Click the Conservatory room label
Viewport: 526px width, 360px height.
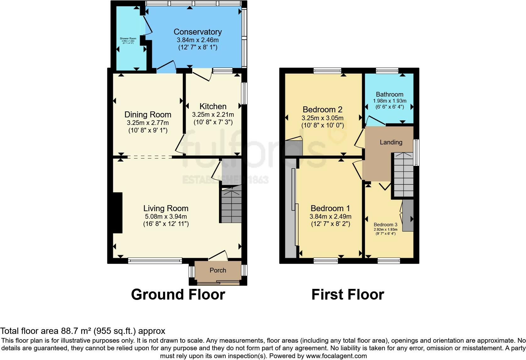[x=198, y=32]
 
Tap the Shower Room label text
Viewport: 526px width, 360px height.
[x=128, y=38]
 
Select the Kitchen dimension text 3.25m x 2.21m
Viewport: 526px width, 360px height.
[x=213, y=115]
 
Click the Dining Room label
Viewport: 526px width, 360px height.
[x=148, y=115]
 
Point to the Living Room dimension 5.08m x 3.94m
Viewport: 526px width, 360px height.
[x=166, y=217]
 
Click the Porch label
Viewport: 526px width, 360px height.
[x=218, y=270]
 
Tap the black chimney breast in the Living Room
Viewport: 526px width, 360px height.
[x=117, y=213]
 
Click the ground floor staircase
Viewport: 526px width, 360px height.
[x=231, y=204]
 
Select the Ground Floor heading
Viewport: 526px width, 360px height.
[x=178, y=295]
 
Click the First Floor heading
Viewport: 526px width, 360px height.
[x=348, y=295]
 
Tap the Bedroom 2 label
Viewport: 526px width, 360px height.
[x=322, y=110]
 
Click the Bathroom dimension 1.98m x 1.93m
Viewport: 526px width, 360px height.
[x=389, y=101]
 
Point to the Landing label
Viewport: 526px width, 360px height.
[x=391, y=142]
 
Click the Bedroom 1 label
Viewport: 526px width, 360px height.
[x=330, y=208]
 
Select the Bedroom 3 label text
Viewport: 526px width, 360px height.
[x=385, y=225]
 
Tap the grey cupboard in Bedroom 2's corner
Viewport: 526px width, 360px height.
[x=293, y=148]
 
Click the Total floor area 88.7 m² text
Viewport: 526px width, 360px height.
[x=82, y=331]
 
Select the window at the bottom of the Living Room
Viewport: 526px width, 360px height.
[x=155, y=261]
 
